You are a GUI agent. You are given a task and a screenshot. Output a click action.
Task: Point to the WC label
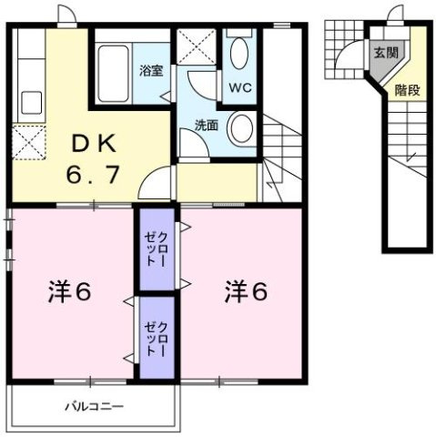[239, 89]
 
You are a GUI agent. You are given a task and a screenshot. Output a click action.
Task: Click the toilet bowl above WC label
[239, 55]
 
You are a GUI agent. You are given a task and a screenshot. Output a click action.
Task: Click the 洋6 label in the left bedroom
[67, 293]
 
